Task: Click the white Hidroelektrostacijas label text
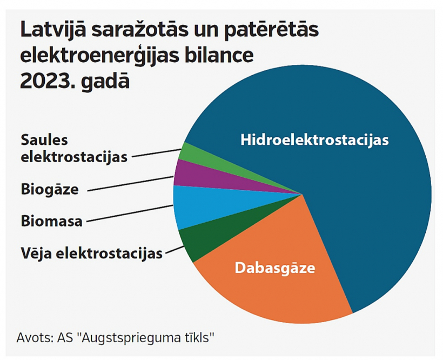(x=314, y=140)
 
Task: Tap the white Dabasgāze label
(x=275, y=268)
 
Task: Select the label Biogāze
(x=50, y=189)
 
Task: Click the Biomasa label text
(x=51, y=221)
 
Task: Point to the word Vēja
(x=36, y=253)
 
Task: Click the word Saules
(x=44, y=140)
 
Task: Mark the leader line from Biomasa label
(x=130, y=214)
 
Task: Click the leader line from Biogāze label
(x=131, y=184)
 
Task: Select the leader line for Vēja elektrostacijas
(x=175, y=250)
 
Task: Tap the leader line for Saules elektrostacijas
(x=156, y=153)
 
